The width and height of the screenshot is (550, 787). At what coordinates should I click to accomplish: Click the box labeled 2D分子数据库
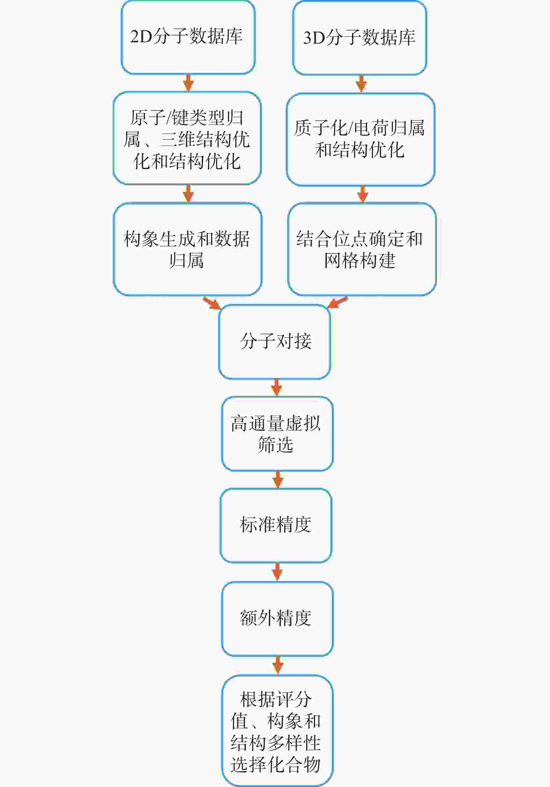[x=188, y=37]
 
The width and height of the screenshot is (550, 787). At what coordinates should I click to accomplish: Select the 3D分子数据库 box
[x=359, y=38]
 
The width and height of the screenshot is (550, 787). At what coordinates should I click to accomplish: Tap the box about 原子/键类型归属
[x=187, y=139]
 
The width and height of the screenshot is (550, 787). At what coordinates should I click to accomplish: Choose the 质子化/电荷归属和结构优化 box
[x=360, y=139]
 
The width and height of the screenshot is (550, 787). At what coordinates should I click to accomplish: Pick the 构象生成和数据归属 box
[x=188, y=249]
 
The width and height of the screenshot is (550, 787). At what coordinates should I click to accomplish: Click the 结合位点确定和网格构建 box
[x=362, y=249]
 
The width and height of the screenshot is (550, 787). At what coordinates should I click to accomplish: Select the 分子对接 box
[x=275, y=342]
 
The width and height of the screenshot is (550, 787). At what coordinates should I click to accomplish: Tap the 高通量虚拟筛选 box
[x=277, y=434]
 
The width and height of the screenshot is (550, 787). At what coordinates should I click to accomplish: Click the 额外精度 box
[x=277, y=619]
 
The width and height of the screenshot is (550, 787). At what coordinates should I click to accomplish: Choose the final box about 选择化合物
[x=277, y=731]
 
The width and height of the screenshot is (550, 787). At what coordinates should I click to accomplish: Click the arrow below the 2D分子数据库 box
[x=189, y=83]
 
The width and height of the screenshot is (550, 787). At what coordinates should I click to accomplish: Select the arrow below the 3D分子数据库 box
[x=361, y=84]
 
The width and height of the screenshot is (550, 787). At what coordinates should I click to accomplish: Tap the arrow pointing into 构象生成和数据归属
[x=189, y=194]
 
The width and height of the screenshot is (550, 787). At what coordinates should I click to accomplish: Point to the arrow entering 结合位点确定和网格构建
[x=362, y=194]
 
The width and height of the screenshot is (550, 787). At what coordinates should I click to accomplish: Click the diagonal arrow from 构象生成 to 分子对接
[x=212, y=303]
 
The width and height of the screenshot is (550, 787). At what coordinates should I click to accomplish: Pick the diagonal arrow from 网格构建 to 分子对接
[x=338, y=302]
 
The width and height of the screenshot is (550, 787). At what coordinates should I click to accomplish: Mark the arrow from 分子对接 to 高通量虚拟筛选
[x=277, y=388]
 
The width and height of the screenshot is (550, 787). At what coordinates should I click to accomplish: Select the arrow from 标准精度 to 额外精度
[x=277, y=572]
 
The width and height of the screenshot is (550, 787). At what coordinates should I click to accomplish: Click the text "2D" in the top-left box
[x=141, y=37]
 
